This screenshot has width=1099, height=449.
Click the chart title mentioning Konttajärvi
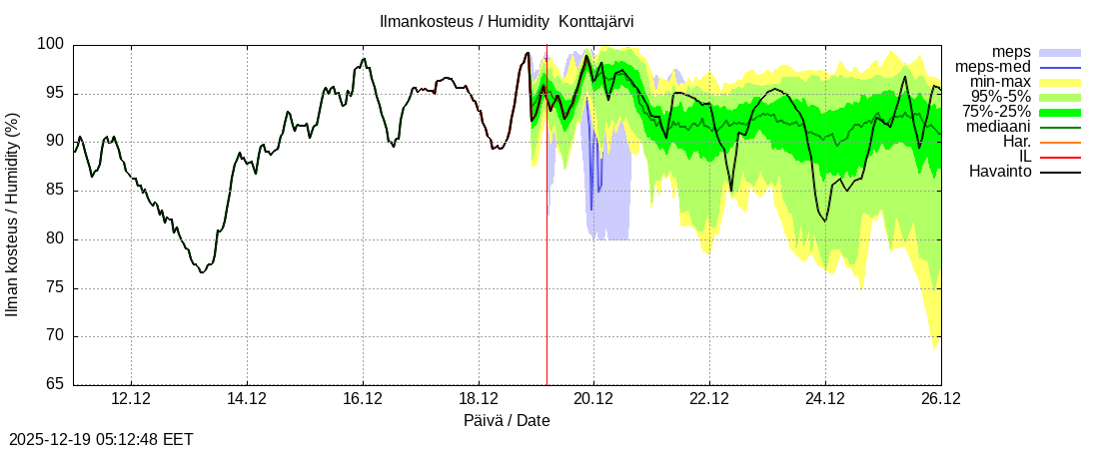click(507, 21)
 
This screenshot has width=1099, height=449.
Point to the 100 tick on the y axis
click(52, 44)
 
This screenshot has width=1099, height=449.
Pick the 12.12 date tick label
click(131, 399)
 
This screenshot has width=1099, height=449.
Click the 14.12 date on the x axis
click(247, 399)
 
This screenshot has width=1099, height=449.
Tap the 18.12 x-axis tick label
click(479, 399)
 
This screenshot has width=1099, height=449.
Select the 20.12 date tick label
click(593, 399)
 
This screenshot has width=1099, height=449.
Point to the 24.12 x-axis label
click(825, 399)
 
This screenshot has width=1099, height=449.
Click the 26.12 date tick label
click(940, 399)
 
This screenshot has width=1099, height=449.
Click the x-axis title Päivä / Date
click(507, 421)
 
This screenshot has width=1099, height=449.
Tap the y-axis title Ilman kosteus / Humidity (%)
click(13, 215)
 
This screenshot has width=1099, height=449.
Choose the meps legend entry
click(1011, 52)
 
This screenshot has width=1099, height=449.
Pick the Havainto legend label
click(1000, 172)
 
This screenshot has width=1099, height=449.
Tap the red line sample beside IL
click(1060, 158)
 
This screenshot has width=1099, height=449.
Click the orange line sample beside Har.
click(1060, 143)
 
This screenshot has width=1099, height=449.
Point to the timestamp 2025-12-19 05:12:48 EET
click(101, 439)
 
